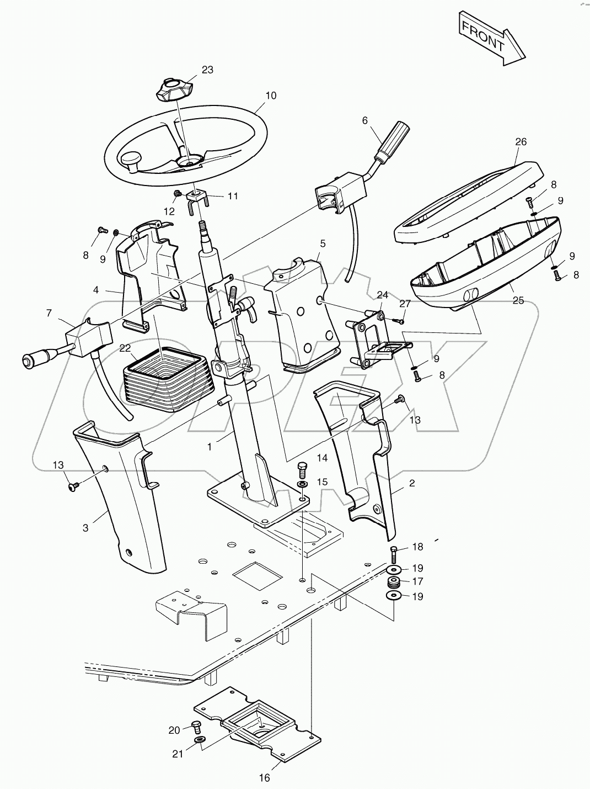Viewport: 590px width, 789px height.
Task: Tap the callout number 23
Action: click(x=207, y=70)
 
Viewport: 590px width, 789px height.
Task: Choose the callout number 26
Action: click(x=521, y=142)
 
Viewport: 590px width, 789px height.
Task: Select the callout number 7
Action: click(x=49, y=313)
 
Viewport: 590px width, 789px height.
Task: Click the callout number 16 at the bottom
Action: click(x=265, y=777)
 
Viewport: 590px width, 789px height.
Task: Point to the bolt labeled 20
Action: click(x=195, y=726)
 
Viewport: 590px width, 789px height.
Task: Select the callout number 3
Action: click(x=85, y=528)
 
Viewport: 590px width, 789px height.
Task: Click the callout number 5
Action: click(x=323, y=243)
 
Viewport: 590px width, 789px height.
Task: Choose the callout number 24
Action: click(x=383, y=294)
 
